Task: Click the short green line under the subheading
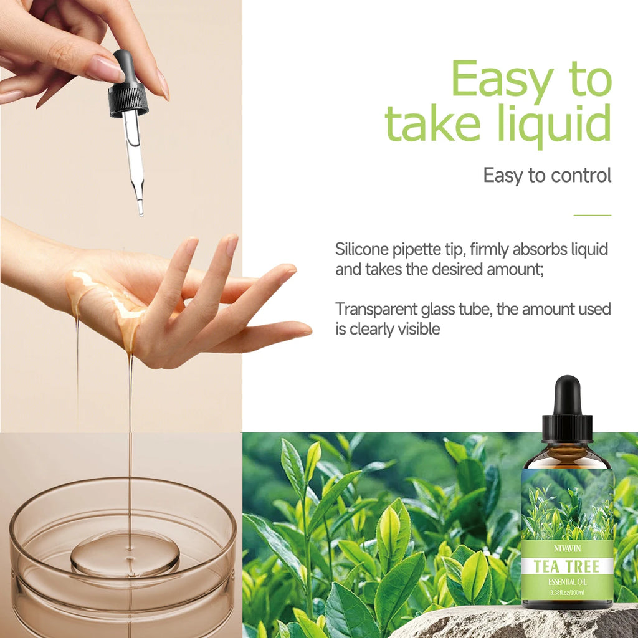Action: [592, 215]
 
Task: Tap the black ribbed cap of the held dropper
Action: [128, 100]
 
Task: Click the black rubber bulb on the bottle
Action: [567, 396]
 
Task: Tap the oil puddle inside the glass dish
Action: [125, 553]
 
